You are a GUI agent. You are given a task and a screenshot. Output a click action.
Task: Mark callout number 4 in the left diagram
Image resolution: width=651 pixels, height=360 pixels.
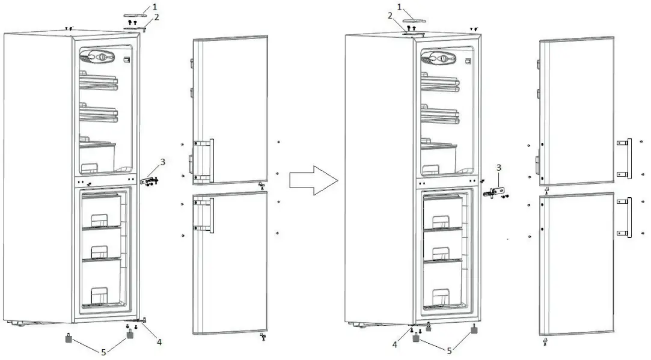click(159, 343)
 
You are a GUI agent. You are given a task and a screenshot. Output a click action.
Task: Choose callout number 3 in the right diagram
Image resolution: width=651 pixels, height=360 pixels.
click(498, 166)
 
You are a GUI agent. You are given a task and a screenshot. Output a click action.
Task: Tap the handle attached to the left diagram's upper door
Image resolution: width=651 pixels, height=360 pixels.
click(210, 160)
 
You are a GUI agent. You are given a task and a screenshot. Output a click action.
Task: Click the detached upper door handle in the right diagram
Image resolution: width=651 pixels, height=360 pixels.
click(629, 157)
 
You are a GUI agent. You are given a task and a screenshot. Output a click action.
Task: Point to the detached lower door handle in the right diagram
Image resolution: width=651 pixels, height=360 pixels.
click(629, 217)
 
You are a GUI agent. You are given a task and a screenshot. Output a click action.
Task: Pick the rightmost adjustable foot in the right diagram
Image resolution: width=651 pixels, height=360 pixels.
click(474, 329)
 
